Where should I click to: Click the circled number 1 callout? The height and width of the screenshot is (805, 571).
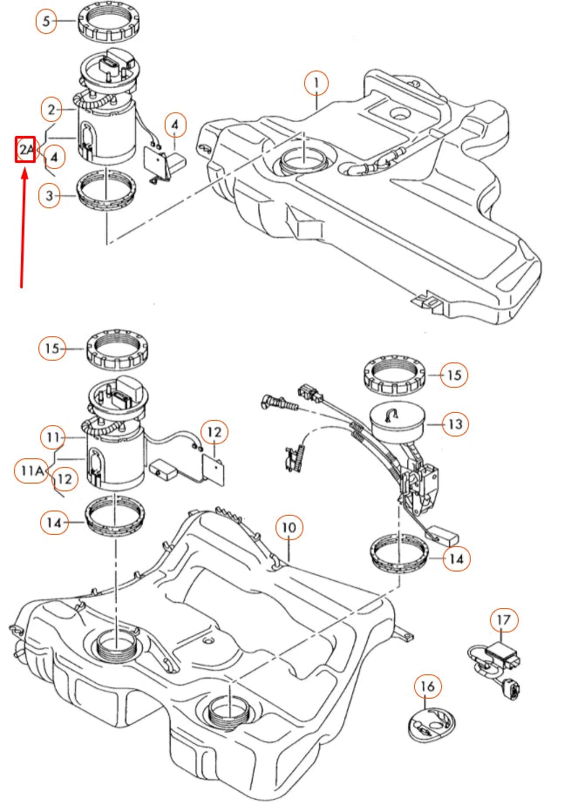[316, 85]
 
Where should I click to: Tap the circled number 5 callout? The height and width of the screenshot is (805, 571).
[47, 21]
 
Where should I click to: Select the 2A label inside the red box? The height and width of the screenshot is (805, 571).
[26, 150]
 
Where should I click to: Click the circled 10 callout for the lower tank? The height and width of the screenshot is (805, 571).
[289, 527]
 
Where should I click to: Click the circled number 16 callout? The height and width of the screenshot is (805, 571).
[425, 687]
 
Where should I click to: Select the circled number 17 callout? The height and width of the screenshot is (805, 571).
[503, 620]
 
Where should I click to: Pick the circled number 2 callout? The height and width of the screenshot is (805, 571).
[54, 109]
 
